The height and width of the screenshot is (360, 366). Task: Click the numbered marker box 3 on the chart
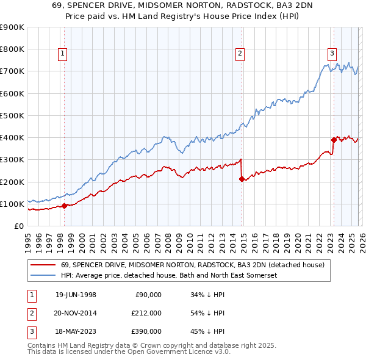(x=332, y=53)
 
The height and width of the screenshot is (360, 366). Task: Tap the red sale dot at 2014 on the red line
(x=242, y=179)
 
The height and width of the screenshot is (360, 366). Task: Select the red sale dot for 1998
(x=65, y=206)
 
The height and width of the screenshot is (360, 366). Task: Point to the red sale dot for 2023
(x=334, y=140)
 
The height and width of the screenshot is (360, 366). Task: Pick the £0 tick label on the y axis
(x=18, y=226)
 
